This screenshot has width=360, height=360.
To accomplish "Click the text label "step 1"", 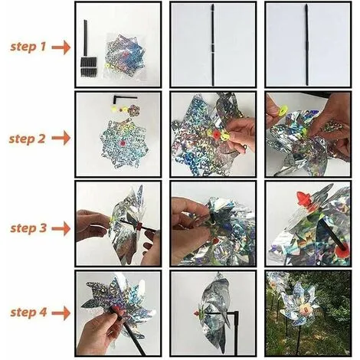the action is (28, 47).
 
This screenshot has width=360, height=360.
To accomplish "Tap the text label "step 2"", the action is (27, 139).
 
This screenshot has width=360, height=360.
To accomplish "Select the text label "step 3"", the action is (28, 228).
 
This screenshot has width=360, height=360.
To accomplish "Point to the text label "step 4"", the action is (28, 313).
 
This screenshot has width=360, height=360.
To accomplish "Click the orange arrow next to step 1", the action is (61, 47).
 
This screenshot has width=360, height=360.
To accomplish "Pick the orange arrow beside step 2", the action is (61, 138).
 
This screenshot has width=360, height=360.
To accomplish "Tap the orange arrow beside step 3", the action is (61, 228).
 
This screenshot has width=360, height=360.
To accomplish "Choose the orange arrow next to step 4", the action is (61, 313).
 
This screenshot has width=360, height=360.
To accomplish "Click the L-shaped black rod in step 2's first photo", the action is (120, 97).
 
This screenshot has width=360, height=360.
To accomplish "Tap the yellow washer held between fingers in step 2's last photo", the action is (283, 110).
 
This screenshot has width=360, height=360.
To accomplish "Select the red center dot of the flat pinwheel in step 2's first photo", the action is (123, 143).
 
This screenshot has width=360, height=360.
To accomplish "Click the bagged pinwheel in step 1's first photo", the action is (125, 57).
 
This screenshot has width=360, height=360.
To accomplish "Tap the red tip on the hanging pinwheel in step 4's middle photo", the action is (197, 313).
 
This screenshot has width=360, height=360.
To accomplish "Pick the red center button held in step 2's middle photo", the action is (217, 134).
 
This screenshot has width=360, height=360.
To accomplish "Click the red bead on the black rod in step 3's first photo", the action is (139, 226).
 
